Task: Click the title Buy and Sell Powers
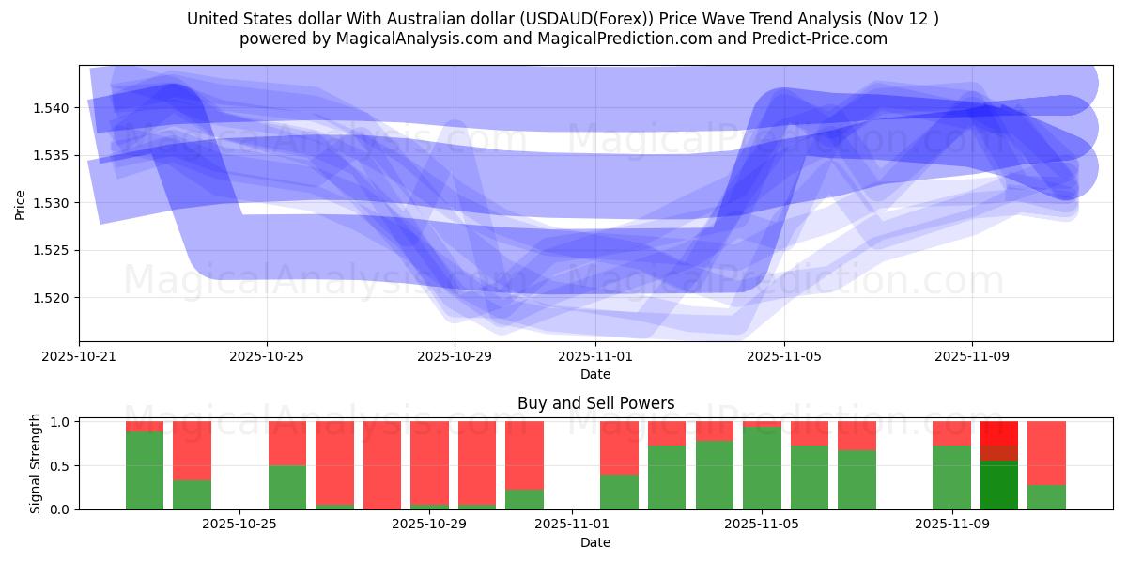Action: (595, 403)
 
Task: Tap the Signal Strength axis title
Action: (36, 463)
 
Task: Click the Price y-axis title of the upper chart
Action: (21, 204)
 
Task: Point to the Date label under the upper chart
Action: (595, 374)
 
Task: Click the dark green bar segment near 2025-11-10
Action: (999, 485)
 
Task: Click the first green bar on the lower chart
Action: (145, 470)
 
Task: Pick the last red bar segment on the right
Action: (1046, 452)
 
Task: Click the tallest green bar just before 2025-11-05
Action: (762, 468)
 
